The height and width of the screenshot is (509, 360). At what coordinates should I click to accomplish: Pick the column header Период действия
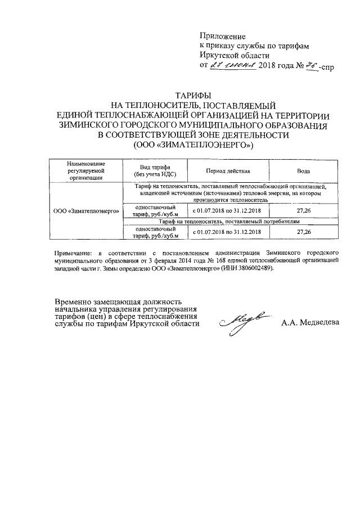pos(228,170)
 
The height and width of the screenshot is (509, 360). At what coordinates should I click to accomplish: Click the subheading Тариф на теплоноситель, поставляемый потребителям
pos(232,222)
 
